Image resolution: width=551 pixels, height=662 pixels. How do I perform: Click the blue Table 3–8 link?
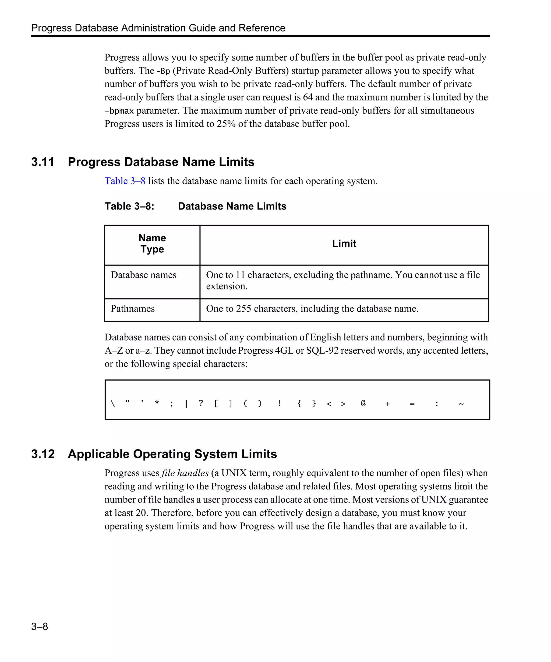(x=125, y=181)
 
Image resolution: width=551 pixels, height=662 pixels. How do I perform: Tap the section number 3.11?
(x=43, y=162)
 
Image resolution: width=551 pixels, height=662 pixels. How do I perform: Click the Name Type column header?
(x=152, y=243)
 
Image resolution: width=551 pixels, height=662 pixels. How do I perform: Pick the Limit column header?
(x=344, y=243)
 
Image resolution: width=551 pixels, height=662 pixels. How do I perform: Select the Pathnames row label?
(x=133, y=308)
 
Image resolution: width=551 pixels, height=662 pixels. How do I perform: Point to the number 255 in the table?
(x=243, y=308)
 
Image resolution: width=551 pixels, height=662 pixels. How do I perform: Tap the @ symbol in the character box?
(x=363, y=403)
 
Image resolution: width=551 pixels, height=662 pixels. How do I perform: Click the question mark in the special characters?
(x=201, y=403)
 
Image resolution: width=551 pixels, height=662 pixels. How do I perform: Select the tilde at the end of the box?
(x=461, y=404)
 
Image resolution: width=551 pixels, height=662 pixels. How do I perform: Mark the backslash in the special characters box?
(x=113, y=403)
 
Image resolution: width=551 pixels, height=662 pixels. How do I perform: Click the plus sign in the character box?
(x=388, y=404)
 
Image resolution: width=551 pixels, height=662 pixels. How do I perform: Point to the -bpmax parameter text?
(x=119, y=111)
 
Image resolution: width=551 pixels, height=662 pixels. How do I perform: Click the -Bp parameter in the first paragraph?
(x=163, y=71)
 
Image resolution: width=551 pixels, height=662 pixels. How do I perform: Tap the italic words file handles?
(x=185, y=473)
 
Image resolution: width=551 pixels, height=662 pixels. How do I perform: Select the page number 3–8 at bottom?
(x=40, y=626)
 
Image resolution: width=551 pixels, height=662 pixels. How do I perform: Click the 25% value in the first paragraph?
(x=226, y=124)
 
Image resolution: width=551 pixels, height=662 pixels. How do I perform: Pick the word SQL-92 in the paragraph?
(x=322, y=351)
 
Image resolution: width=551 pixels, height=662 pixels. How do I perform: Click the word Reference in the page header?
(x=262, y=28)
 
